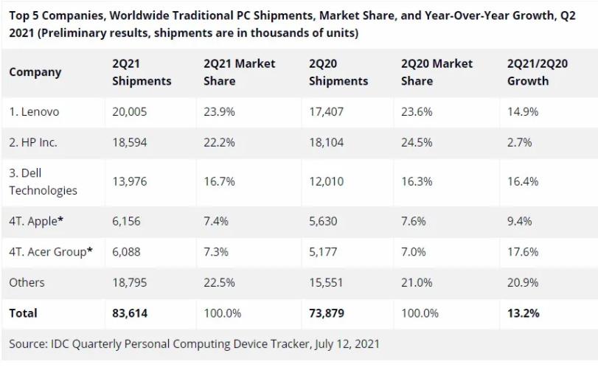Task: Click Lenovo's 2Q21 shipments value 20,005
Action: pyautogui.click(x=130, y=112)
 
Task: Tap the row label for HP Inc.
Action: pyautogui.click(x=33, y=142)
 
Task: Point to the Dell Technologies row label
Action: pyautogui.click(x=43, y=181)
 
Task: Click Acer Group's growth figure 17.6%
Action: pyautogui.click(x=522, y=251)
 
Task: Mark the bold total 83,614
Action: pyautogui.click(x=130, y=313)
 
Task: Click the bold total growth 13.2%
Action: pyautogui.click(x=523, y=313)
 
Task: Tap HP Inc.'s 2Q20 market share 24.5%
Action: pyautogui.click(x=416, y=142)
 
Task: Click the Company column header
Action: pyautogui.click(x=35, y=72)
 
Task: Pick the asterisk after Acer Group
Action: pyautogui.click(x=90, y=251)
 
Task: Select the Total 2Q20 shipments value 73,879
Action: pyautogui.click(x=327, y=313)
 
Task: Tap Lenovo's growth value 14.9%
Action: pyautogui.click(x=522, y=112)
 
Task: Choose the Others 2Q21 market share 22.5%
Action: pyautogui.click(x=219, y=282)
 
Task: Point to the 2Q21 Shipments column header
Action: pyautogui.click(x=142, y=72)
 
